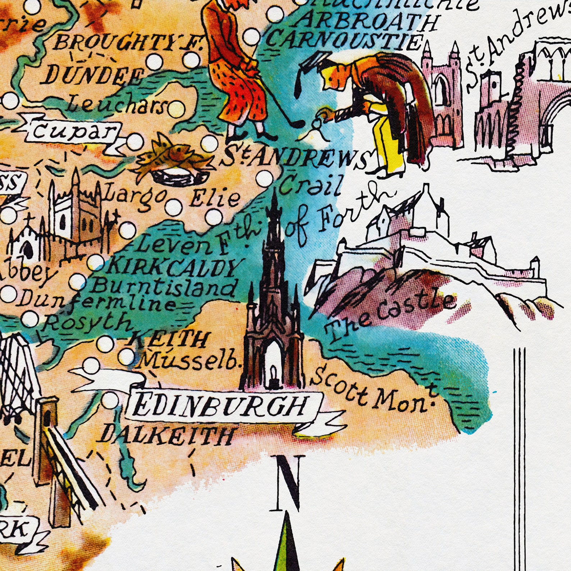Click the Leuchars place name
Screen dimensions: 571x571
[x=117, y=105]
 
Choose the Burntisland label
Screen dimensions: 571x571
[x=164, y=288]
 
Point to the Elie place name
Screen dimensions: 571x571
[x=215, y=198]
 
